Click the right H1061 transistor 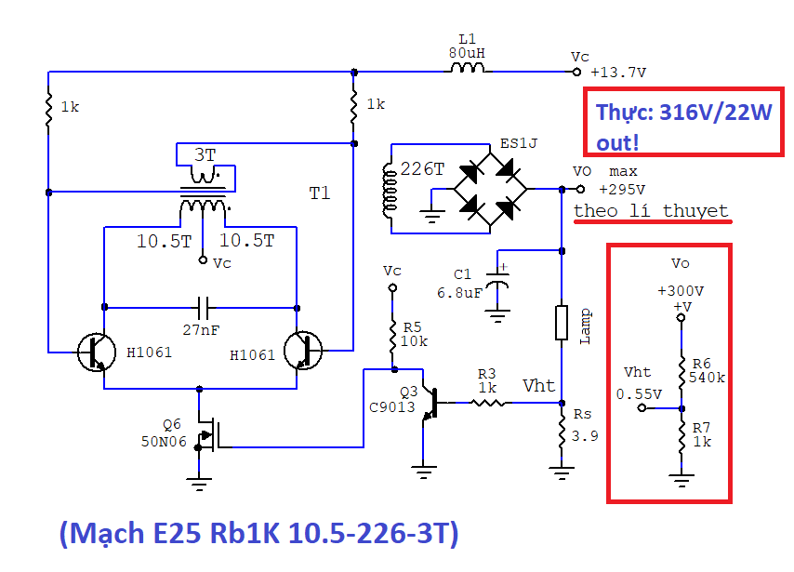pyautogui.click(x=305, y=351)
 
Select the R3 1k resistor pyautogui.click(x=489, y=403)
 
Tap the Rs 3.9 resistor pyautogui.click(x=562, y=431)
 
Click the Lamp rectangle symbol pyautogui.click(x=562, y=322)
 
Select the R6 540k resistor pyautogui.click(x=682, y=370)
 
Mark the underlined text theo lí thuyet pyautogui.click(x=651, y=211)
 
